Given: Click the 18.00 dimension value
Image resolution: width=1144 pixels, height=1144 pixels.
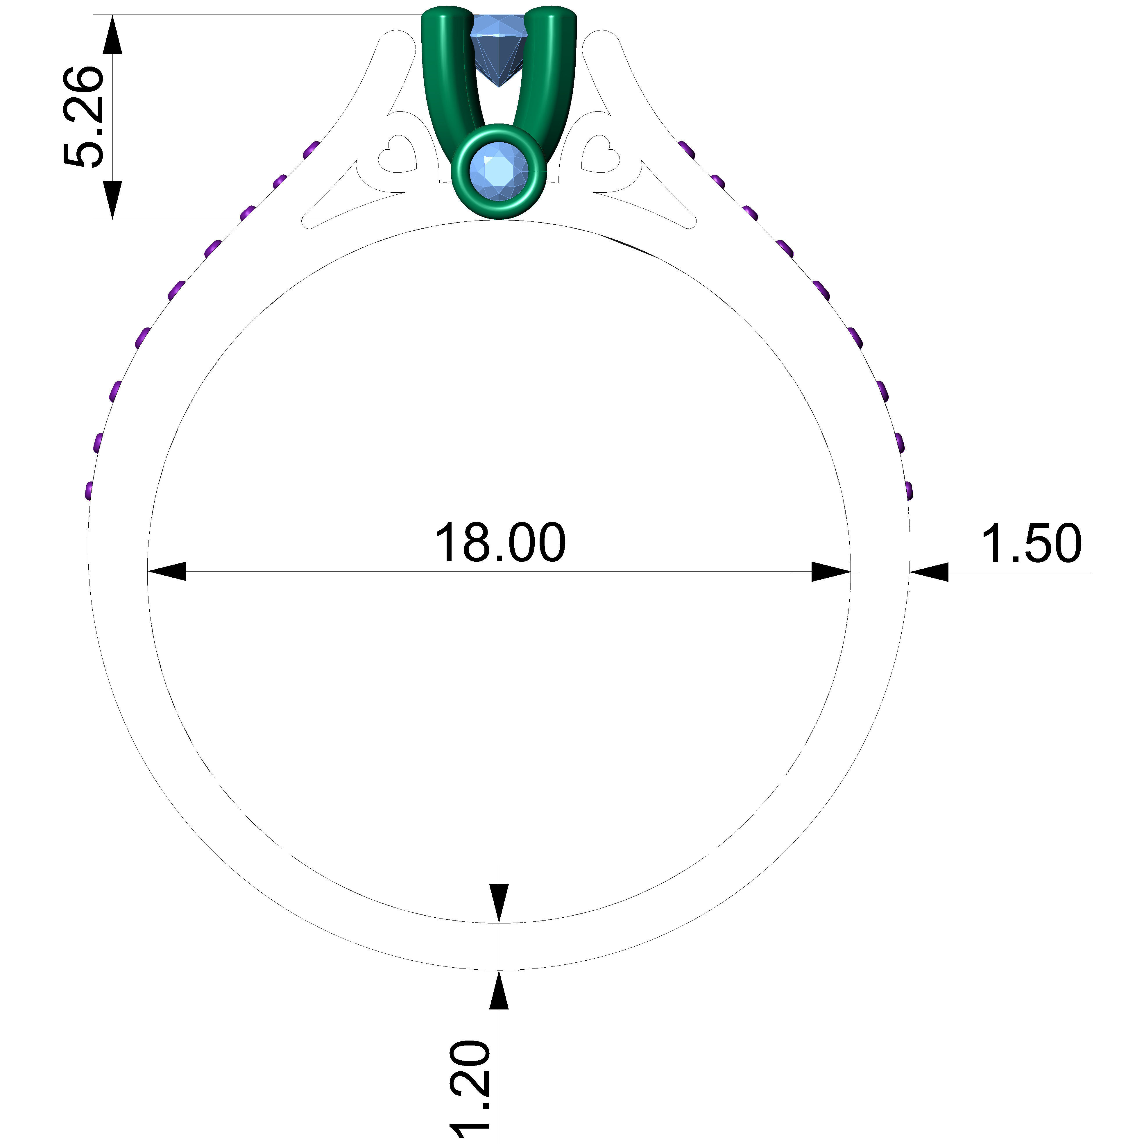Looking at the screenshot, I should [500, 543].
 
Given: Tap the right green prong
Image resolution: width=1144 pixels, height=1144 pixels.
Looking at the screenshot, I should [554, 71].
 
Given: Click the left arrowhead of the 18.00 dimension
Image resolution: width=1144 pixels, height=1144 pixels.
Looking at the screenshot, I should [167, 571].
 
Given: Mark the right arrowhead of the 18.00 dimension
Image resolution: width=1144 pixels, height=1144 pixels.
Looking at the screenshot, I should [831, 571].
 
